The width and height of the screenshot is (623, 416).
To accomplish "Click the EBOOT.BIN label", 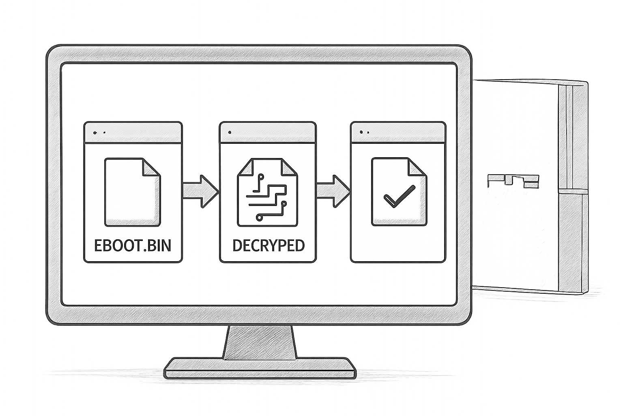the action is coord(133,245).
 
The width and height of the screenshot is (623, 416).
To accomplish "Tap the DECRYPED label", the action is coord(269,245).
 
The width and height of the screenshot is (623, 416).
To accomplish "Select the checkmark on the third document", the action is coord(400,197).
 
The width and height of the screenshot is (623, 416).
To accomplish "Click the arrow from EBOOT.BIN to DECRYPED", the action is coord(200,191).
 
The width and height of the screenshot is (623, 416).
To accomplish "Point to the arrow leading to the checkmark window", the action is coord(333,191).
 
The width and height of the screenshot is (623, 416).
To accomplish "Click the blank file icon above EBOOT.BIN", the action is coord(133,192).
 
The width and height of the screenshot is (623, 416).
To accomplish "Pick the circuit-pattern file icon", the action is coord(268,192).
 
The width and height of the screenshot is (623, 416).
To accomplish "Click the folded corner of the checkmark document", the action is coord(417,167).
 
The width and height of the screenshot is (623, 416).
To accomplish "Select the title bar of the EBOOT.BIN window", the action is coord(133,132).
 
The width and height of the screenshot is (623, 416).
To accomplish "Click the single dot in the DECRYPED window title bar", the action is coord(230,132).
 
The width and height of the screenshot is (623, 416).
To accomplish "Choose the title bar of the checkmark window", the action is coord(398,132).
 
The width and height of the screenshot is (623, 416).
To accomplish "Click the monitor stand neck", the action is coord(260,342).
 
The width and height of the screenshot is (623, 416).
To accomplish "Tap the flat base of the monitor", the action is coord(260,368).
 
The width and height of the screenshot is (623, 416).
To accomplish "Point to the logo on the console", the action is coord(513,181).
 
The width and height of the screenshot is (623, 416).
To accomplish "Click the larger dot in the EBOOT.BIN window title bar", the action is coord(95,133).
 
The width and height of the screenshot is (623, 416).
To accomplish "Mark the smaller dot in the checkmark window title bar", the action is coord(368,132).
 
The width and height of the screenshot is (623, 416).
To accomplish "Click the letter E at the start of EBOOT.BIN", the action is coord(98,245).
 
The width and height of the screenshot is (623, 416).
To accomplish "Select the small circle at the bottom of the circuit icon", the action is coord(259,217).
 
